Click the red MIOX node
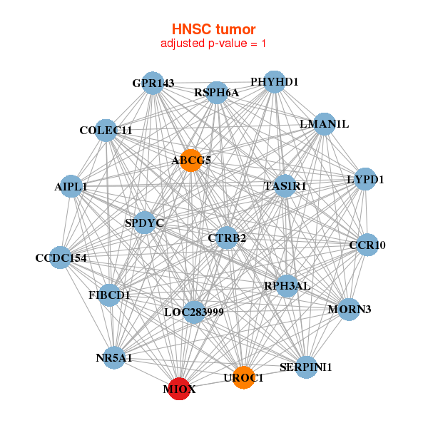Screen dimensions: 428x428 tap(178, 389)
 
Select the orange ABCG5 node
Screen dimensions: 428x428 tap(190, 160)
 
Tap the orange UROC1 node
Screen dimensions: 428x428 tap(244, 377)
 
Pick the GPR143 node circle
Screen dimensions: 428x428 tap(152, 83)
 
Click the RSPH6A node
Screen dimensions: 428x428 tap(217, 93)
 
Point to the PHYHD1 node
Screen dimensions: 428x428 tap(274, 81)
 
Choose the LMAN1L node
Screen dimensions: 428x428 tap(324, 124)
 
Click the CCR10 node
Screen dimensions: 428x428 tap(367, 245)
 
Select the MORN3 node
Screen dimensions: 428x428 tap(349, 309)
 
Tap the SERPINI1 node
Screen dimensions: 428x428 tap(306, 367)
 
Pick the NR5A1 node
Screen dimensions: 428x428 tap(114, 357)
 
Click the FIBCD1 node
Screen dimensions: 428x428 tap(109, 294)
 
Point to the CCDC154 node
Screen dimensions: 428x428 tap(61, 258)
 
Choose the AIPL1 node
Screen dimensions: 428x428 tap(71, 186)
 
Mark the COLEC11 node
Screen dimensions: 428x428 tap(106, 131)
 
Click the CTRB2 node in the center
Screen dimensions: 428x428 tap(227, 238)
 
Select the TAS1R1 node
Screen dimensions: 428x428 tap(285, 186)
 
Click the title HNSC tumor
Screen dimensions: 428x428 tap(213, 29)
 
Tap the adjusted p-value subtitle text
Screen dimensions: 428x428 tap(213, 44)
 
